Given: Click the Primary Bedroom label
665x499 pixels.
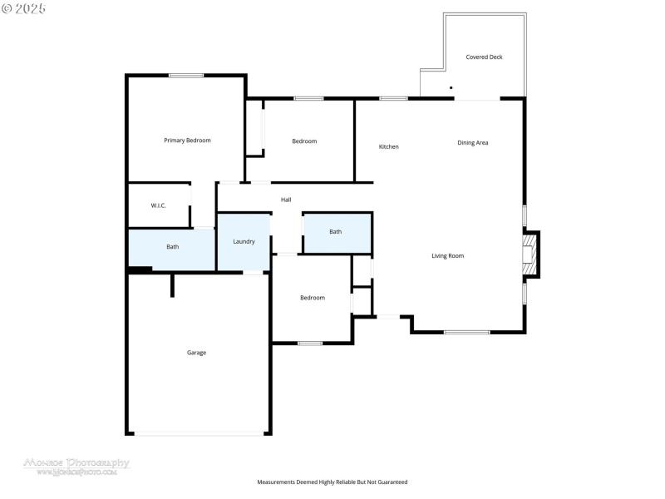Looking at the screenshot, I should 187,141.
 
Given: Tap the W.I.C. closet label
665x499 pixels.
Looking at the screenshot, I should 158,205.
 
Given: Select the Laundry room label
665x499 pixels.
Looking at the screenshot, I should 244,242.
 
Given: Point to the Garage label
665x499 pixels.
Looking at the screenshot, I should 196,353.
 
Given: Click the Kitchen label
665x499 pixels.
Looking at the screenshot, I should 388,147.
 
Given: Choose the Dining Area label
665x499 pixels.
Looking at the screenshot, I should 472,143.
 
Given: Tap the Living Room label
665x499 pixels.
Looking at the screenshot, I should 447,256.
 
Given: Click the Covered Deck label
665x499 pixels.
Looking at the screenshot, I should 484,57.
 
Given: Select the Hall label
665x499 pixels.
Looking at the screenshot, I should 286,200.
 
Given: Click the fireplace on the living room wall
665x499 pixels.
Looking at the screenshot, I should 530,254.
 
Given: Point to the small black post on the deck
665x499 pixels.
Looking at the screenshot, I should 451,87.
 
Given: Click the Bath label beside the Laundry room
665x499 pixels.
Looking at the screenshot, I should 172,247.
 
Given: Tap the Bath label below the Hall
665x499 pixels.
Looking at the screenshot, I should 335,232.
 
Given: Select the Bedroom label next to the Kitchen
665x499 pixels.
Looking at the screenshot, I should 304,141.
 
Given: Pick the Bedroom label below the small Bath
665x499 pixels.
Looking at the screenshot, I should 313,298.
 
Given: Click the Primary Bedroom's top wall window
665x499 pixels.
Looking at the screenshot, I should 186,76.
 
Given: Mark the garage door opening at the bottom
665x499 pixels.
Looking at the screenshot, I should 198,433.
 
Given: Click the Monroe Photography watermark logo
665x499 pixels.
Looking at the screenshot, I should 76,466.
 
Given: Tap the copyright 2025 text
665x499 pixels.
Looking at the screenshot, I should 24,7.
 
